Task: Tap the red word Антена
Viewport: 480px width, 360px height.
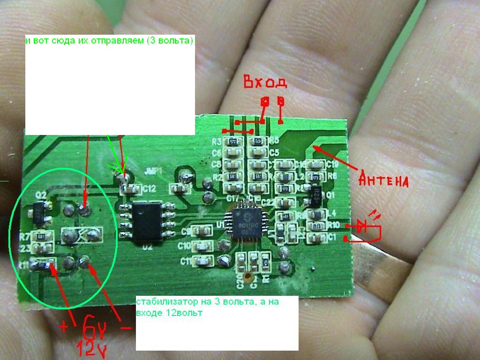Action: [384, 180]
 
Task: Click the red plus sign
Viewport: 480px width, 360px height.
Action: [64, 327]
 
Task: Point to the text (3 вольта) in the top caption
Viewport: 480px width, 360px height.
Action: [170, 41]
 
